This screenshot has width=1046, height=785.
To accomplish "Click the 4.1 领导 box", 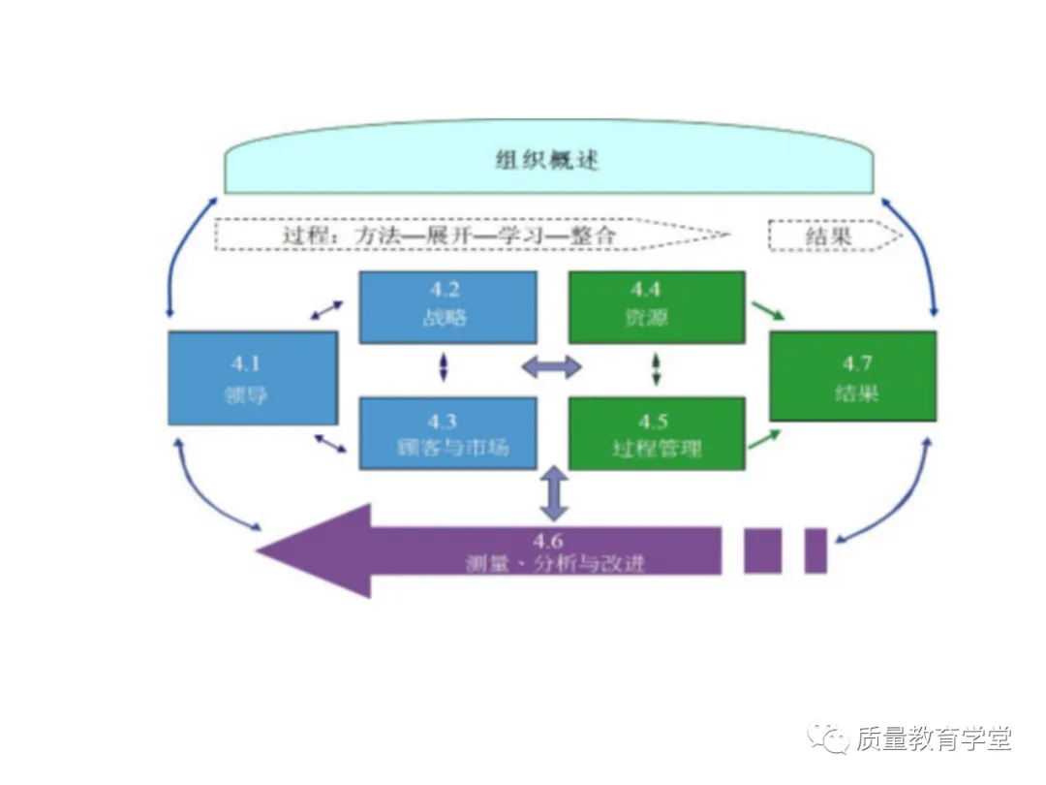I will [x=253, y=378].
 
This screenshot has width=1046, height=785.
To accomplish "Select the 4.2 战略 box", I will [x=447, y=307].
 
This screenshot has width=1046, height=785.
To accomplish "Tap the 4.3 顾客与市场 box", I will [x=447, y=433].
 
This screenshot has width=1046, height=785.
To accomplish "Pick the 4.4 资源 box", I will [x=656, y=307].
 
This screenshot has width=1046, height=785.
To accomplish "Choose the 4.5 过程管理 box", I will [x=656, y=433].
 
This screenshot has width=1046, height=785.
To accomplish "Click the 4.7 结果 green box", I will [x=852, y=376].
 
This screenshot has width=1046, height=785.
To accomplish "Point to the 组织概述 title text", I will [x=547, y=160].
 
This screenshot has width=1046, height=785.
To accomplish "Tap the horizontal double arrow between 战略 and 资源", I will [x=552, y=367].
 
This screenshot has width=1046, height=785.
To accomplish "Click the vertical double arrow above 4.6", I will [x=552, y=494].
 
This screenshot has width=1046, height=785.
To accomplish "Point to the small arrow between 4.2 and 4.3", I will [x=445, y=367].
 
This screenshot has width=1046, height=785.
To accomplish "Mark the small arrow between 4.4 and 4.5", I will [x=656, y=367].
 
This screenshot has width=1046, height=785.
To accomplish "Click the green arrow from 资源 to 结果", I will [x=768, y=311].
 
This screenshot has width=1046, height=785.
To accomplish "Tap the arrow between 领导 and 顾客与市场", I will [x=330, y=444].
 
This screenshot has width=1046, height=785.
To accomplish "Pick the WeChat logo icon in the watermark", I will [x=830, y=739].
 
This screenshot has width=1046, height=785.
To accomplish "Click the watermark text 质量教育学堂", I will [x=934, y=739].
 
